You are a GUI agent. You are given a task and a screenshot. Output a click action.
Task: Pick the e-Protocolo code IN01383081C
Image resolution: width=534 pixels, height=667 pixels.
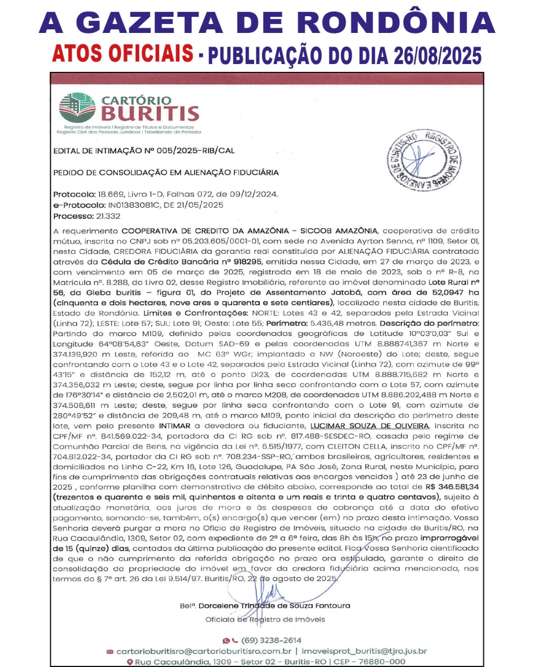coord(132,205)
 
